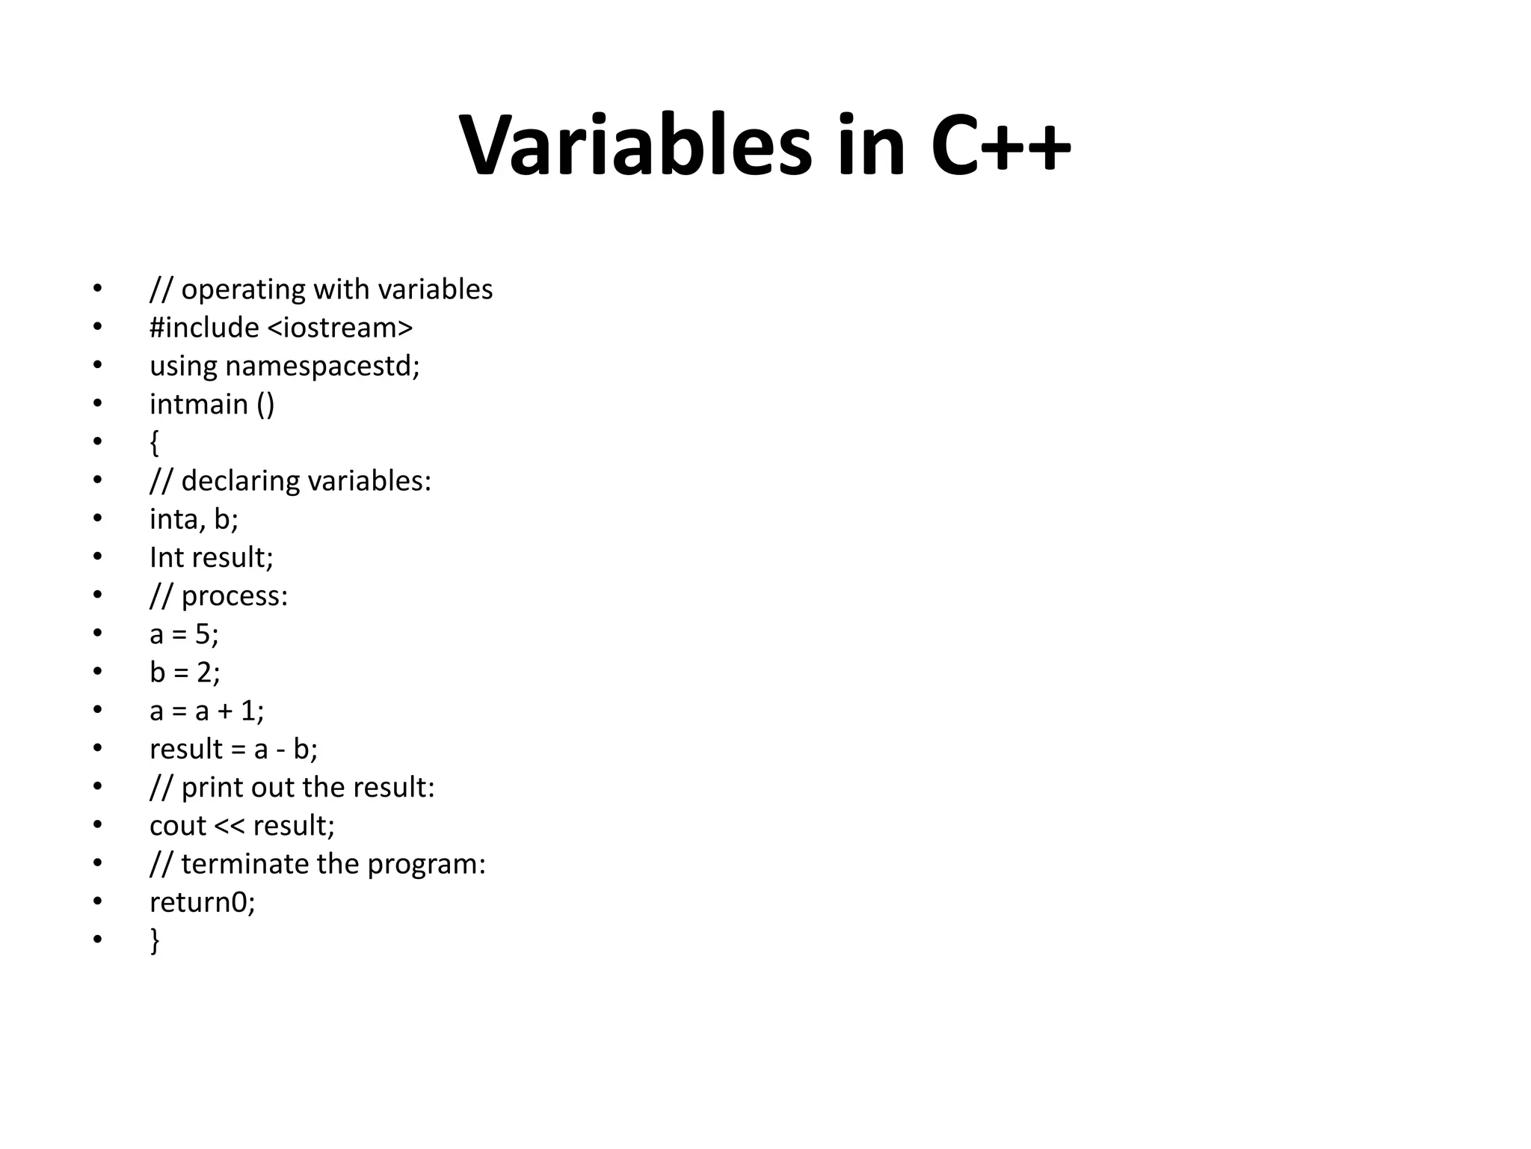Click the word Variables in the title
click(x=635, y=146)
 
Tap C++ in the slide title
click(x=1000, y=146)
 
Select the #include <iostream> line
click(x=281, y=328)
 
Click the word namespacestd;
click(x=322, y=367)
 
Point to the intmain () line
click(x=212, y=405)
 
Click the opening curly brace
click(x=154, y=443)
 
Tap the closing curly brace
click(x=154, y=940)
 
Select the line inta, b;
click(x=194, y=519)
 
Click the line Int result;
click(x=212, y=558)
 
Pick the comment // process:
click(x=218, y=596)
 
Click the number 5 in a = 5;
click(x=203, y=634)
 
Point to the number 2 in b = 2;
click(x=204, y=672)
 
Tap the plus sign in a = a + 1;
click(x=225, y=711)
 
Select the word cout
click(x=178, y=826)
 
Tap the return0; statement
click(x=202, y=903)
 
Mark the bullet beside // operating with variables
click(x=97, y=289)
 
